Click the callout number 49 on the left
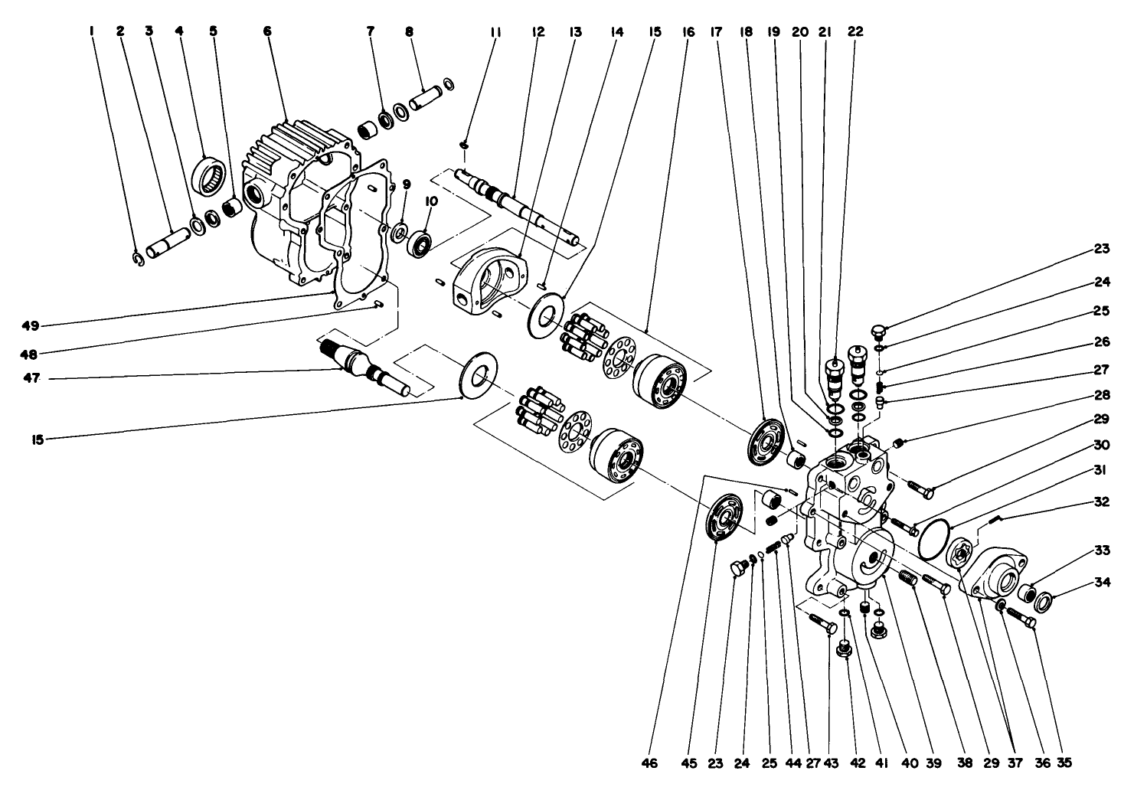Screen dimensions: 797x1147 coord(31,325)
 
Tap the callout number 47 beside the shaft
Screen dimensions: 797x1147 coord(31,378)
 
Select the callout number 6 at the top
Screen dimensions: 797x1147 coord(267,31)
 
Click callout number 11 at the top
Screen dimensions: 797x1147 coord(495,31)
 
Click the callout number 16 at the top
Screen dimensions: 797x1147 coord(684,31)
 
